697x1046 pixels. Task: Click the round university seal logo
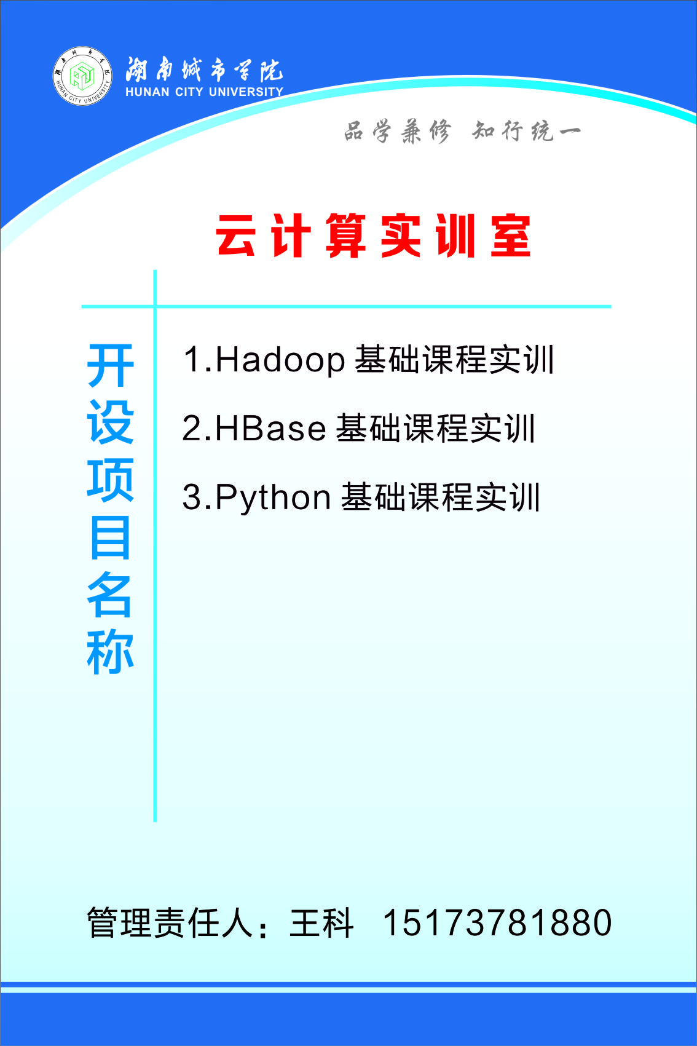(82, 76)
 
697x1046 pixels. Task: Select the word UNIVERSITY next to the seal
(246, 92)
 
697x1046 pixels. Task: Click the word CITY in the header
(189, 92)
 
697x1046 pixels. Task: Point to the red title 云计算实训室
(374, 236)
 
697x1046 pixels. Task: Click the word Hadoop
(280, 361)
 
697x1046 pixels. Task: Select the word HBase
(270, 428)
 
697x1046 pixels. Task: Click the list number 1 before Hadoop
(192, 360)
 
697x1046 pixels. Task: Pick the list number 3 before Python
(191, 497)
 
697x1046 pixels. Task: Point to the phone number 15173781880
(497, 923)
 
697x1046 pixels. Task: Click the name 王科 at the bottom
(321, 923)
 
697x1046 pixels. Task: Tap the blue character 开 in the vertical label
(111, 366)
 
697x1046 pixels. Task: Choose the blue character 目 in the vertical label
(111, 538)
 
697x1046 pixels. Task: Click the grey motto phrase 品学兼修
(398, 131)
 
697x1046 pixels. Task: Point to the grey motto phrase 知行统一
(527, 131)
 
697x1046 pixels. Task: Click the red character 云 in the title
(235, 236)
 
